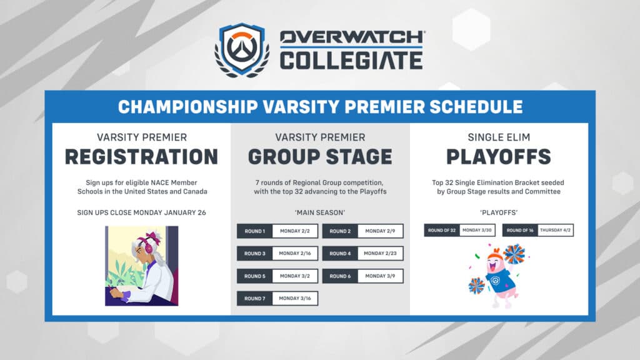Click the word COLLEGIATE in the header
[351, 61]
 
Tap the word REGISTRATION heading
[141, 156]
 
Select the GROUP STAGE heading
[320, 156]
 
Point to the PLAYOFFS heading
[499, 156]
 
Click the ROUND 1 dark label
[254, 231]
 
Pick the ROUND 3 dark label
[254, 254]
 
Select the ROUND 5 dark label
[254, 276]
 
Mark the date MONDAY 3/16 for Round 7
[294, 299]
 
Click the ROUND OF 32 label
[442, 230]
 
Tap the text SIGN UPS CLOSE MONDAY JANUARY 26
[141, 212]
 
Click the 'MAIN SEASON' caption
[320, 212]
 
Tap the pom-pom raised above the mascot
[515, 254]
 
